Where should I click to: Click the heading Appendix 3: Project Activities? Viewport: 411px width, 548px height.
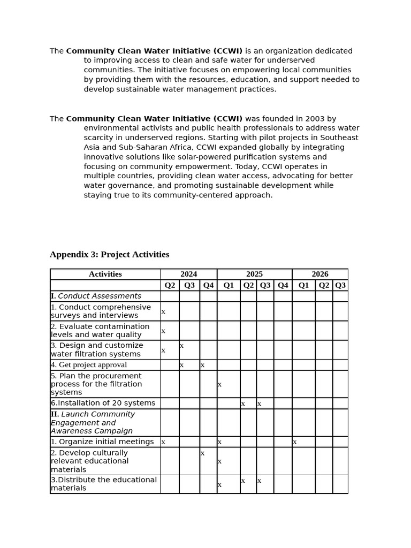point(109,255)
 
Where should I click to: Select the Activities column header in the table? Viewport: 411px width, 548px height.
point(105,274)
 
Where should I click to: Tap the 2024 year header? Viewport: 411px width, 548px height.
point(188,274)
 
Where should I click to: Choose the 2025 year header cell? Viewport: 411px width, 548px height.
point(254,274)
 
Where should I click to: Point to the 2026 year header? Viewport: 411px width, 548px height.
point(320,274)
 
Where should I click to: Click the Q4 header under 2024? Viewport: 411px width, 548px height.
point(208,285)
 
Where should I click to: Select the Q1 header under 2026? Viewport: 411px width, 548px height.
point(303,285)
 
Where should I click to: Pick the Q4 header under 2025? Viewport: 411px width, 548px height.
point(283,285)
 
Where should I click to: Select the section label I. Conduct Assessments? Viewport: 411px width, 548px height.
point(96,296)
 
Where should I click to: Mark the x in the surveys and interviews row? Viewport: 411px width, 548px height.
point(163,311)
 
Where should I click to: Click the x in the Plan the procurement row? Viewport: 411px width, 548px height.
point(219,384)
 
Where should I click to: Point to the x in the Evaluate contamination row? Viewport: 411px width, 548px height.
point(163,331)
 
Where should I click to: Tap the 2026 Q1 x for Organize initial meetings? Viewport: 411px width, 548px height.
point(294,442)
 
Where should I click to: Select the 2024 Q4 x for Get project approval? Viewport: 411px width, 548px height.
point(202,365)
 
